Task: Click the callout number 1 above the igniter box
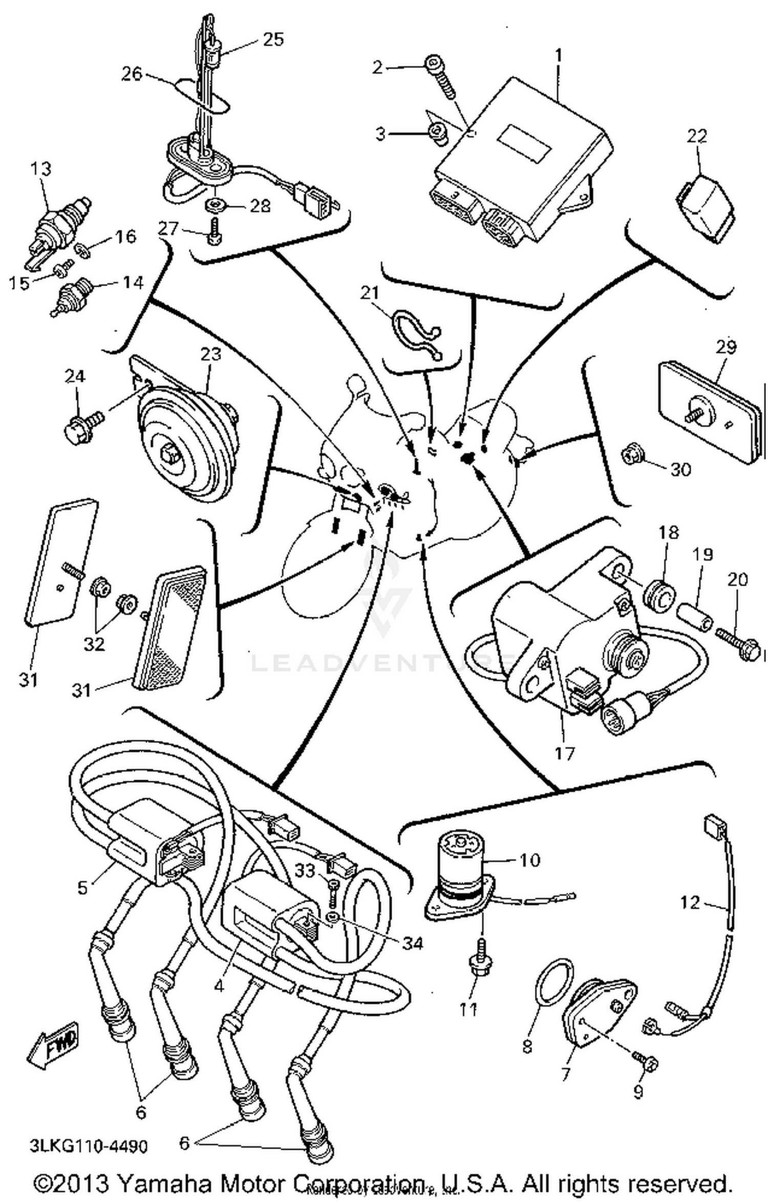click(x=558, y=54)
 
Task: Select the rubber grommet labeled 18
click(x=660, y=596)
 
